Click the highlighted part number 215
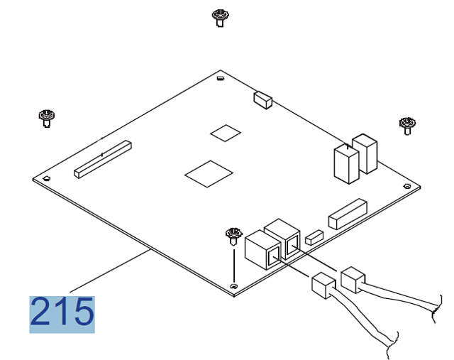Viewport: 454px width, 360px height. coord(62,314)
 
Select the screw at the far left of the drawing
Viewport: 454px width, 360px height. coord(46,117)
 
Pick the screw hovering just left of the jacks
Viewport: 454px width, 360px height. coord(232,234)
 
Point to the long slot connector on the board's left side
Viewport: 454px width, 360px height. coord(103,159)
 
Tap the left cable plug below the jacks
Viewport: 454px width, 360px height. coord(323,284)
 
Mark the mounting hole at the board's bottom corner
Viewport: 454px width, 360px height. coord(234,285)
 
